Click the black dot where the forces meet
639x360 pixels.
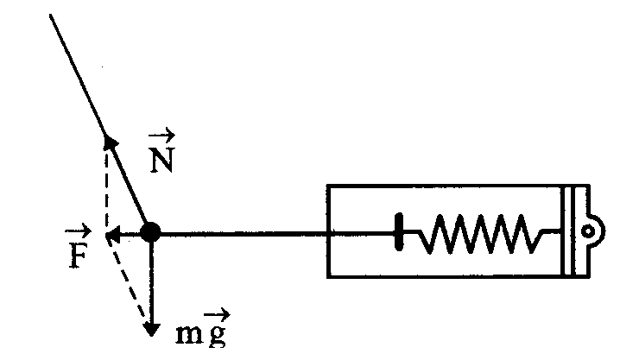(151, 231)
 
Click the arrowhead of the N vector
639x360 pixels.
(109, 143)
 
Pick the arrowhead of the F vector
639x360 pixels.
(111, 232)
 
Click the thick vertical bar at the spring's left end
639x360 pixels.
(399, 231)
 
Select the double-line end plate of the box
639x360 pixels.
(569, 231)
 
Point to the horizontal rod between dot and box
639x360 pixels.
(242, 231)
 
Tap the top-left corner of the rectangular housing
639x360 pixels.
(328, 186)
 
